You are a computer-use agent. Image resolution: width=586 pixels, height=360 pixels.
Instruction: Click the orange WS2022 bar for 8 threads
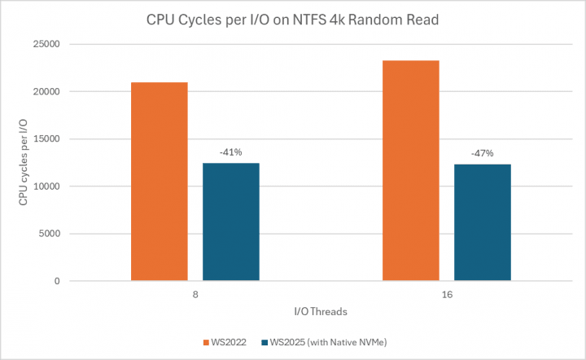coord(159,182)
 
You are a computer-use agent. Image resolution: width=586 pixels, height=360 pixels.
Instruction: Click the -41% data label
coord(230,151)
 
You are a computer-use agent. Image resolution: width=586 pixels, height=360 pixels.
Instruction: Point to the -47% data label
coord(483,152)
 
